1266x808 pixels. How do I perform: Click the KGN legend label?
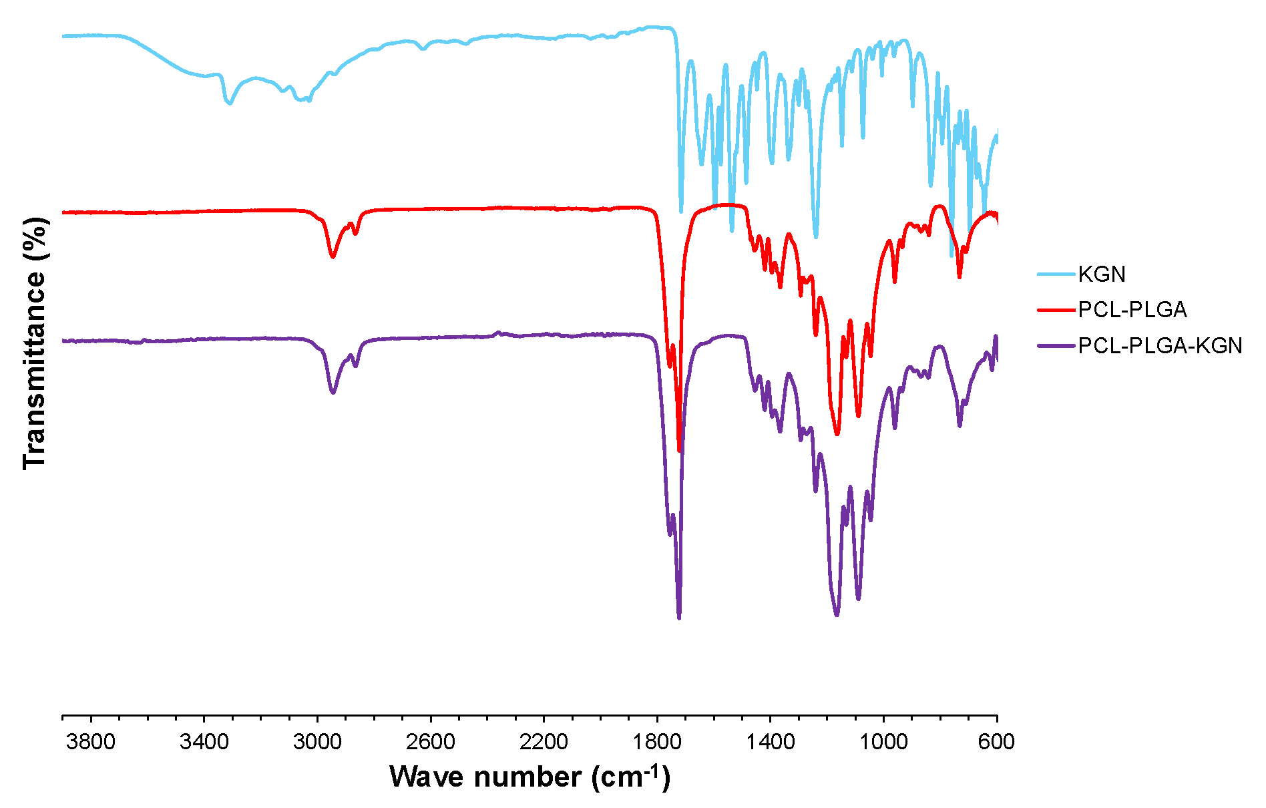click(x=1102, y=274)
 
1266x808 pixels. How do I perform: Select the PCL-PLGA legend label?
click(x=1132, y=310)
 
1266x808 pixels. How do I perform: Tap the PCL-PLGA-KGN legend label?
click(x=1160, y=346)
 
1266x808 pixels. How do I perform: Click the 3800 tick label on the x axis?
click(x=91, y=742)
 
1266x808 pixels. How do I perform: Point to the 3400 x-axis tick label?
click(x=204, y=742)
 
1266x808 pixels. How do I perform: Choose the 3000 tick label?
click(x=317, y=742)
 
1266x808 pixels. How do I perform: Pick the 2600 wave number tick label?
click(x=431, y=742)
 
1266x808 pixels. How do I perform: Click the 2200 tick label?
click(x=544, y=742)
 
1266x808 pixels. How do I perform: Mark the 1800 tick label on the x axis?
click(x=657, y=742)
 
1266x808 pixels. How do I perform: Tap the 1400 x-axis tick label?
click(x=771, y=742)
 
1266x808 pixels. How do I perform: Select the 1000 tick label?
click(x=883, y=742)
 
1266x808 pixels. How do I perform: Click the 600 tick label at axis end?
click(x=996, y=742)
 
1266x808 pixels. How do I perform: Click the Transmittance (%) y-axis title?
click(x=35, y=343)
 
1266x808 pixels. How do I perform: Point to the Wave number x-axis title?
click(x=530, y=777)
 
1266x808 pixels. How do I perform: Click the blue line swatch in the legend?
click(x=1056, y=274)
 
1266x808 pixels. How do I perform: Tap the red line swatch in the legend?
click(x=1056, y=310)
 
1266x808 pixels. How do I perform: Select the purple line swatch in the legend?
click(x=1056, y=346)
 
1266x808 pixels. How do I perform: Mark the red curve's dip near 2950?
click(x=333, y=256)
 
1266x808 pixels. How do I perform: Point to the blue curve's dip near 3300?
click(x=230, y=103)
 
